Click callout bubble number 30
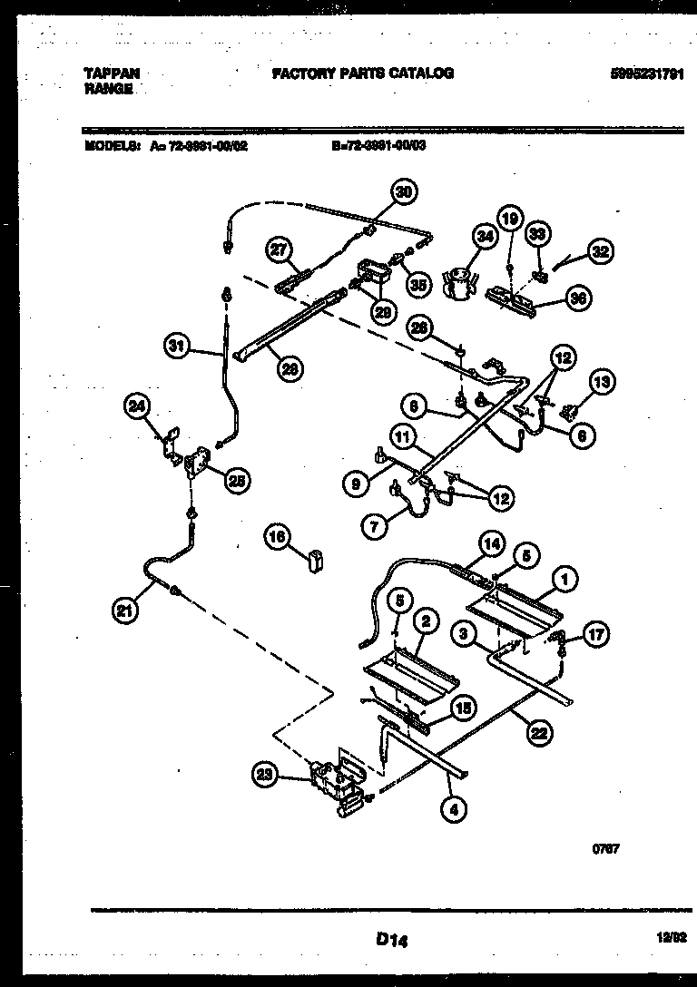(x=404, y=191)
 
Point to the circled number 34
(x=485, y=238)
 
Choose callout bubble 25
(x=236, y=482)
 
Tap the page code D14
(x=391, y=942)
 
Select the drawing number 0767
(x=605, y=849)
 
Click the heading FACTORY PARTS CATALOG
(x=362, y=73)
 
